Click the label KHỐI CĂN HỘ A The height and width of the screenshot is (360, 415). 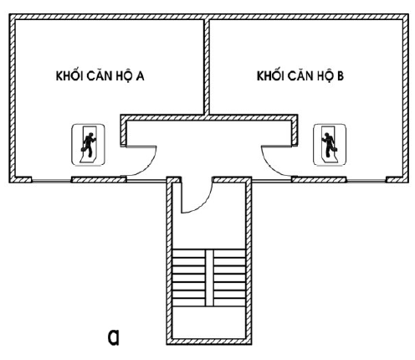click(100, 75)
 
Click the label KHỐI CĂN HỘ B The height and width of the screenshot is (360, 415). click(300, 75)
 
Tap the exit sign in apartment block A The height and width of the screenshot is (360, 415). click(89, 145)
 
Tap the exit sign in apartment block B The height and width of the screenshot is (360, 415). click(330, 145)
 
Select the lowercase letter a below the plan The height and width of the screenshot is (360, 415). click(114, 337)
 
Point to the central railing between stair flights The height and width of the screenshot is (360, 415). click(210, 278)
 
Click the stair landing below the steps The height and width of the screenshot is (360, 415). click(209, 322)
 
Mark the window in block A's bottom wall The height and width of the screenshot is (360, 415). click(52, 181)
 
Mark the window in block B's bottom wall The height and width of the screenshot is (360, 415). click(366, 181)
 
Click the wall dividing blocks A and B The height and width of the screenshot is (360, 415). click(207, 67)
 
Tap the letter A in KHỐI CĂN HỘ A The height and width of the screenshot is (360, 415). click(140, 76)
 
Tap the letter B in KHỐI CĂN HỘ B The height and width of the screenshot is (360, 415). click(341, 76)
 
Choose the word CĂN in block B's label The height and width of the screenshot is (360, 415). click(299, 75)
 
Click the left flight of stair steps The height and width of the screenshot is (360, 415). click(189, 278)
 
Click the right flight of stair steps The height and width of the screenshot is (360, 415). click(230, 278)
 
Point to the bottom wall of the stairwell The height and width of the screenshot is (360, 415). click(209, 342)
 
